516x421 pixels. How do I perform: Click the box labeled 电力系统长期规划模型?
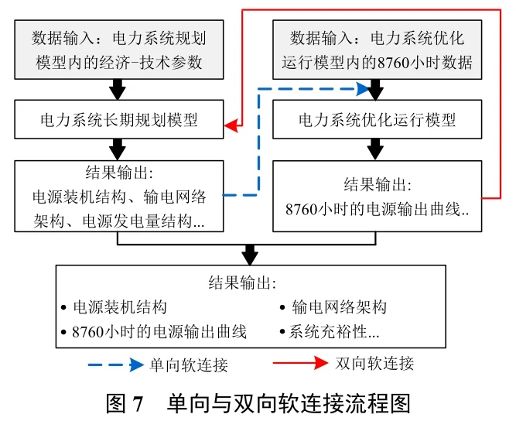[118, 120]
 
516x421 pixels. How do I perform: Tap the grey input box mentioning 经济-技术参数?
[118, 50]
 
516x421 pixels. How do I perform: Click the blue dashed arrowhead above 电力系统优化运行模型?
[367, 89]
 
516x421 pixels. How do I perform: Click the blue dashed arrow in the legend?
[114, 364]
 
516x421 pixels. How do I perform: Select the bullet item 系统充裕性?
[333, 332]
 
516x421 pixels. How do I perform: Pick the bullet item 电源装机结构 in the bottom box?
[119, 307]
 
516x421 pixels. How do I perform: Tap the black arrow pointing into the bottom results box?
[249, 254]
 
